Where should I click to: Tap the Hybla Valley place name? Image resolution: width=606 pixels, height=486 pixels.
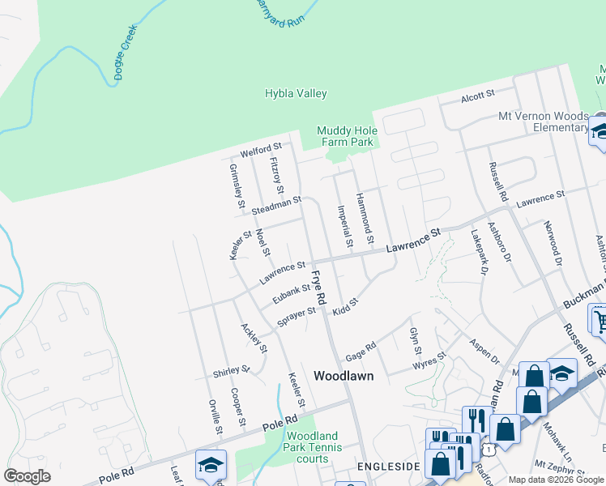pyautogui.click(x=296, y=93)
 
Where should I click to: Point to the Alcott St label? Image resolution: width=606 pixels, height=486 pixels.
pyautogui.click(x=477, y=96)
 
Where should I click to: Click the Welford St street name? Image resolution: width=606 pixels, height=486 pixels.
pyautogui.click(x=260, y=151)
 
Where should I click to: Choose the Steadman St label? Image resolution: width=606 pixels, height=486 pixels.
pyautogui.click(x=276, y=205)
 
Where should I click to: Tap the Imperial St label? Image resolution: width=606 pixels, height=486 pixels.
pyautogui.click(x=345, y=226)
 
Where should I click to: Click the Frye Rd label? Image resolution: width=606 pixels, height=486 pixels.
pyautogui.click(x=318, y=288)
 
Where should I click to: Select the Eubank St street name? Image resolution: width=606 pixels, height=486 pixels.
pyautogui.click(x=292, y=293)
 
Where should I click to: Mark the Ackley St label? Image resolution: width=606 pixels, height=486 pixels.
pyautogui.click(x=254, y=338)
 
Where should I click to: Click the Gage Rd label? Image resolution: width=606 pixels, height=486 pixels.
pyautogui.click(x=361, y=352)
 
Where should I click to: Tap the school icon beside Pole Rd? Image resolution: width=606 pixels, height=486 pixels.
pyautogui.click(x=211, y=465)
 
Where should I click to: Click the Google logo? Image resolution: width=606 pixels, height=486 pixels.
pyautogui.click(x=28, y=476)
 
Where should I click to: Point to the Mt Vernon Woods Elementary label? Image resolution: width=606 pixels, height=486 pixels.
pyautogui.click(x=544, y=122)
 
